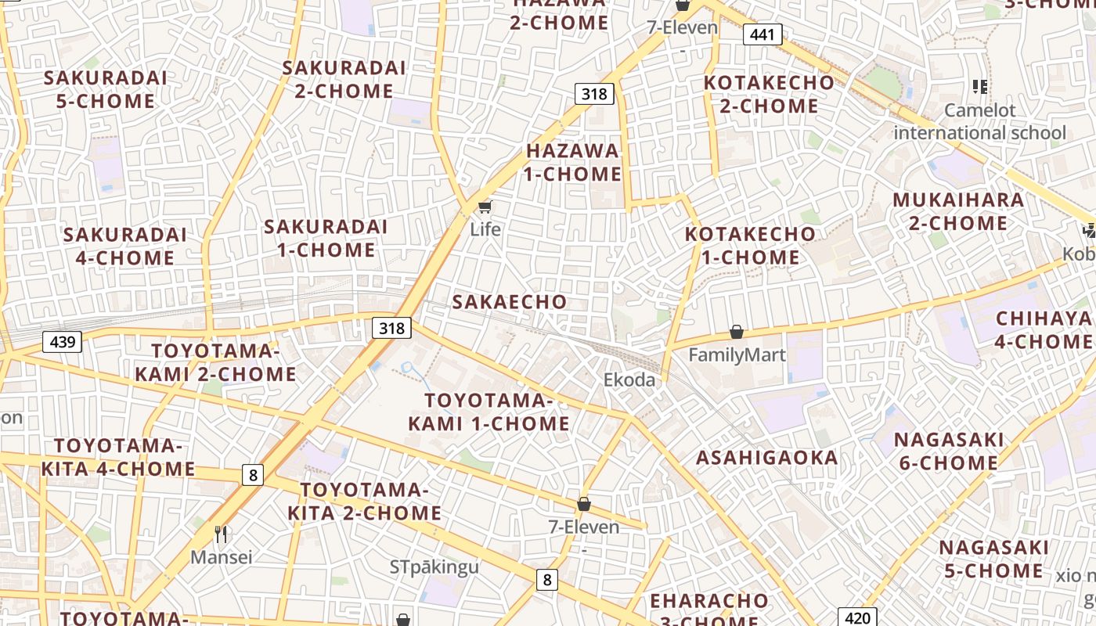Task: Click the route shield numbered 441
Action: [762, 34]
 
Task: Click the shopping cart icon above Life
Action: [485, 207]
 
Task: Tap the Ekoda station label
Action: [629, 380]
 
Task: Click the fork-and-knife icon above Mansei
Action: [222, 534]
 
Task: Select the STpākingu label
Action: [434, 567]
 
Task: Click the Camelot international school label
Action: [980, 121]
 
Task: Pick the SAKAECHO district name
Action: [510, 302]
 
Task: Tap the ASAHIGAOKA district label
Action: [767, 458]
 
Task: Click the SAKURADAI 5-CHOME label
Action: [106, 89]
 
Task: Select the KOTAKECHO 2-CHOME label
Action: [769, 94]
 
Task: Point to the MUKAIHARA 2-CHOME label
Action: [958, 211]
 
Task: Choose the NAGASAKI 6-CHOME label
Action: [948, 452]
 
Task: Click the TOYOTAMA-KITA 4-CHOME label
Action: [118, 458]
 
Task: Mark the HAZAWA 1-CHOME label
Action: [572, 162]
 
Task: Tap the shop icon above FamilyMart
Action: [737, 333]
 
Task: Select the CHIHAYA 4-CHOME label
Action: [1044, 330]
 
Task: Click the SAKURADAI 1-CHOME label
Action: [326, 239]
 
